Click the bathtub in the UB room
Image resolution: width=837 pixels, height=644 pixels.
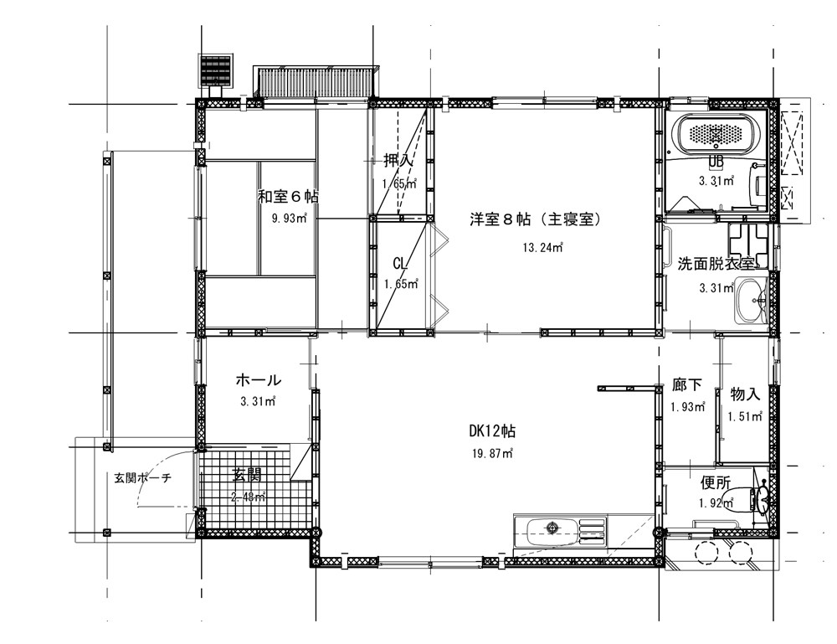(x=716, y=134)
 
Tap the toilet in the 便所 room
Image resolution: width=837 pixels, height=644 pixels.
(x=761, y=500)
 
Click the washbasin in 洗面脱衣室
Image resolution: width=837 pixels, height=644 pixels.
(x=752, y=300)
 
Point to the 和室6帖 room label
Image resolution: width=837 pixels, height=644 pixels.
(x=288, y=197)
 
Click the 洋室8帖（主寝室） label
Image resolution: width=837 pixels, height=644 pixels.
(x=536, y=220)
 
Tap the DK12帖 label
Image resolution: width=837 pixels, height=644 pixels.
(x=492, y=432)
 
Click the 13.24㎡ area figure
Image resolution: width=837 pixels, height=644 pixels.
(x=542, y=247)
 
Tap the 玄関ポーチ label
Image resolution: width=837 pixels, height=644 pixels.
(x=143, y=478)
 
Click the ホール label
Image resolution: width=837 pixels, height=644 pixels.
(x=258, y=380)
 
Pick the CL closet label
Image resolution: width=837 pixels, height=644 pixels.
(x=400, y=264)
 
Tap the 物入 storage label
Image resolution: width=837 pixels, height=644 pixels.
(x=745, y=394)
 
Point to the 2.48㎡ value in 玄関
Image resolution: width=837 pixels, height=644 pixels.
(x=249, y=497)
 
